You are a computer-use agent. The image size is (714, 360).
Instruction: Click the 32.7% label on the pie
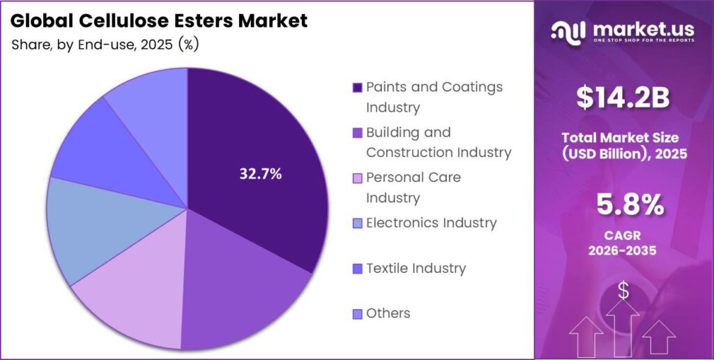261,174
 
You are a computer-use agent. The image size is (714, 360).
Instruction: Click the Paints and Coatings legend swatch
358,88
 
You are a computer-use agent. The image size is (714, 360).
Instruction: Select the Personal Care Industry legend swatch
358,179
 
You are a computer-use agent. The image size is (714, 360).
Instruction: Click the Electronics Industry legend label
431,223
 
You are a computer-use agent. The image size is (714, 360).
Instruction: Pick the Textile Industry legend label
416,268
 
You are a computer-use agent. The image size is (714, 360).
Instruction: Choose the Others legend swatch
358,314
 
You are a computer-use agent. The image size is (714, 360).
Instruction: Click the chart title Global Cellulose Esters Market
159,21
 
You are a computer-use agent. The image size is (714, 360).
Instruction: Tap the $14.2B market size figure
623,98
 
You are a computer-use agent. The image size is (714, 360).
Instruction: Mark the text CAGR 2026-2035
623,243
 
